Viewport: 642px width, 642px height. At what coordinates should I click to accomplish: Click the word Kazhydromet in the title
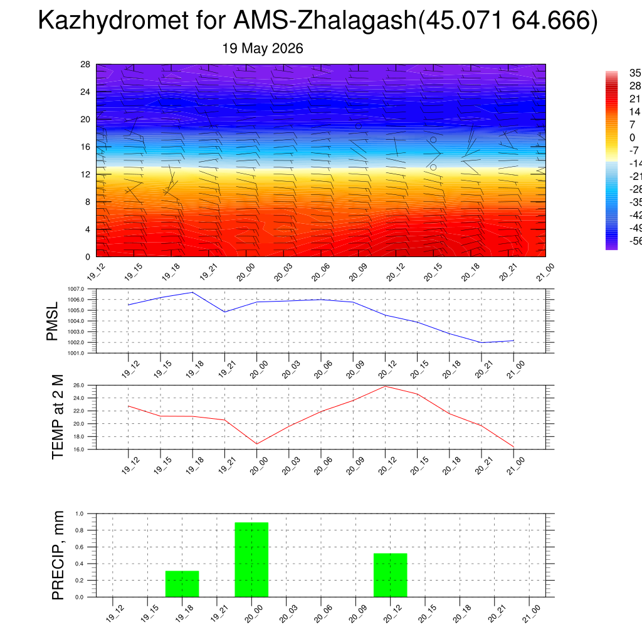coord(113,21)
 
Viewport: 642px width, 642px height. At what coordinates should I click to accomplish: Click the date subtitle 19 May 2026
coord(263,48)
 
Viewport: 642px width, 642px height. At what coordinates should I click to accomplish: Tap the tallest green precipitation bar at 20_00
coord(251,560)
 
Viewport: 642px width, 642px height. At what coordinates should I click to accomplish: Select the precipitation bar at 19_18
coord(182,584)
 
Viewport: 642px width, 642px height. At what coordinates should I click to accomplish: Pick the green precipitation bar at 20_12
coord(390,576)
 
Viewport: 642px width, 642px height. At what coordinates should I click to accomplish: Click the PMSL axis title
coord(52,322)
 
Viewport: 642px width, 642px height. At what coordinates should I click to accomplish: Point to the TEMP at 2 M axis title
coord(58,417)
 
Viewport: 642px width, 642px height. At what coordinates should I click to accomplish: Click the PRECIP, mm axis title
coord(58,555)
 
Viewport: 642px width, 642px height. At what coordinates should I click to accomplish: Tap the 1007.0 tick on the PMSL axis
coord(76,289)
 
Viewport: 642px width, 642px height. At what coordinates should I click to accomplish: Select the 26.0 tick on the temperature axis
coord(78,386)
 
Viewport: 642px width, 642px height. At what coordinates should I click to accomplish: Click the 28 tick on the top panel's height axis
coord(85,65)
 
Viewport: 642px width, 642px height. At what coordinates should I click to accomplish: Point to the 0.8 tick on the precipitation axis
coord(80,530)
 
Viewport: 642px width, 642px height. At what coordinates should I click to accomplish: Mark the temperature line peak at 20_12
coord(386,386)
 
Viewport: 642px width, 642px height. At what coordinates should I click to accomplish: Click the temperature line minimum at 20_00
coord(256,444)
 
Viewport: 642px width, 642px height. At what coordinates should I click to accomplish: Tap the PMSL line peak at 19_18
coord(193,292)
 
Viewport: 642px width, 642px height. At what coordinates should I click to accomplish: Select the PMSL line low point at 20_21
coord(481,342)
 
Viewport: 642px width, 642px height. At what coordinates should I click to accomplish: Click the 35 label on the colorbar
coord(635,73)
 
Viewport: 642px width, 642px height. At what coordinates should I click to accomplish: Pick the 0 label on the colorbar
coord(633,137)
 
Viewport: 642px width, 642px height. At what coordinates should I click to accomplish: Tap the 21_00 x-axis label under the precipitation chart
coord(532,614)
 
